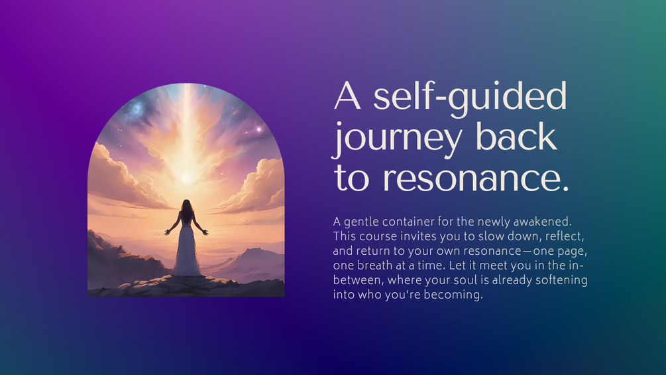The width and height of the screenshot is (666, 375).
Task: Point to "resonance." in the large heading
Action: point(476,179)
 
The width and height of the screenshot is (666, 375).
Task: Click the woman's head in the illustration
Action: point(186,205)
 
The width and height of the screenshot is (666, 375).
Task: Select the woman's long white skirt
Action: point(186,250)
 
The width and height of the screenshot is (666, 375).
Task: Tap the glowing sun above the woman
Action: point(186,177)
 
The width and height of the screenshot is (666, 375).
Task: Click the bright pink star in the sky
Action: point(258,129)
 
